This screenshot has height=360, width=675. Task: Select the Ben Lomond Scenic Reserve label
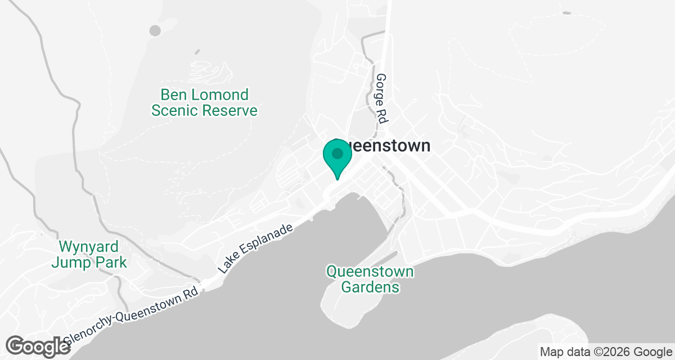(x=204, y=102)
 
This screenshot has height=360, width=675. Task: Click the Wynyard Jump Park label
(x=89, y=254)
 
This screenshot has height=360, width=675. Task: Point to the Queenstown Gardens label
(x=370, y=280)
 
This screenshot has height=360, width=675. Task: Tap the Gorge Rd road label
(x=382, y=98)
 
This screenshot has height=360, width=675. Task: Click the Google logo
(x=38, y=345)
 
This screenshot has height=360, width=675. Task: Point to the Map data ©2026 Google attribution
(x=605, y=352)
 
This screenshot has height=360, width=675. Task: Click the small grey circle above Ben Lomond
(x=155, y=30)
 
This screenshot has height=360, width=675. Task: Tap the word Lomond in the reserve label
(x=220, y=94)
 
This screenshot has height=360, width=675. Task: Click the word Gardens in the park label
(x=372, y=287)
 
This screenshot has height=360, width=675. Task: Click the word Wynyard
(x=89, y=246)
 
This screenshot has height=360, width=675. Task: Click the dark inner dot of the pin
(x=337, y=153)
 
